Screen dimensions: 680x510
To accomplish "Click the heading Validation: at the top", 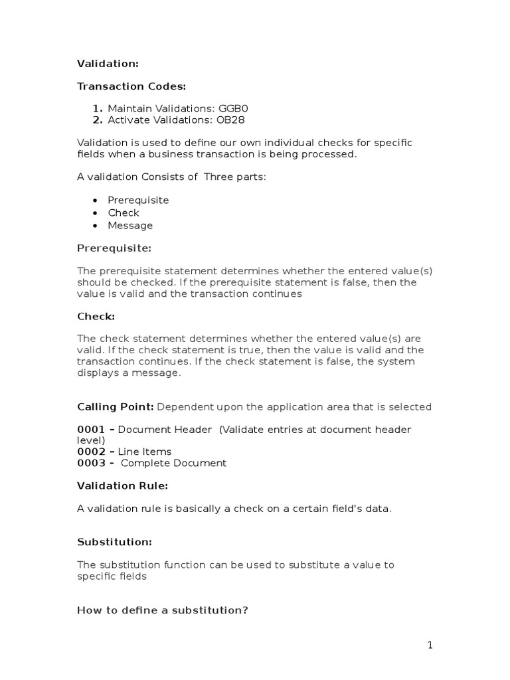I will tap(108, 64).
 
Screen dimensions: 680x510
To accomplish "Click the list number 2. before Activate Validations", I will tap(98, 120).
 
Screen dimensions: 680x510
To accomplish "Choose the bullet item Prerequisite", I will tap(138, 201).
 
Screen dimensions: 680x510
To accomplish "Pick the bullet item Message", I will tap(130, 226).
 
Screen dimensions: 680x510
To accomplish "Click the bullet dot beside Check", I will tap(96, 213).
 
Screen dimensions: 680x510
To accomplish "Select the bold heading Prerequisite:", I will tap(114, 248).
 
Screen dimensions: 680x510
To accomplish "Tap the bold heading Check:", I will tap(96, 317).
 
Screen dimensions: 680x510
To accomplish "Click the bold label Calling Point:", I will tap(116, 407).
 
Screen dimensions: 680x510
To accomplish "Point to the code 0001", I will tap(91, 430).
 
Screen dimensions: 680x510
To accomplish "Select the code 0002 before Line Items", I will tap(91, 452).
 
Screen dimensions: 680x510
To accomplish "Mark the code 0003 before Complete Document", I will tap(91, 464).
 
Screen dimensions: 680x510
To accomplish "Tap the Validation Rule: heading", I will tap(123, 486).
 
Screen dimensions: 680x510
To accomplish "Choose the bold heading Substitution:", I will tap(114, 543).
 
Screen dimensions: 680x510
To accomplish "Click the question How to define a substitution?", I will tap(163, 610).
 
